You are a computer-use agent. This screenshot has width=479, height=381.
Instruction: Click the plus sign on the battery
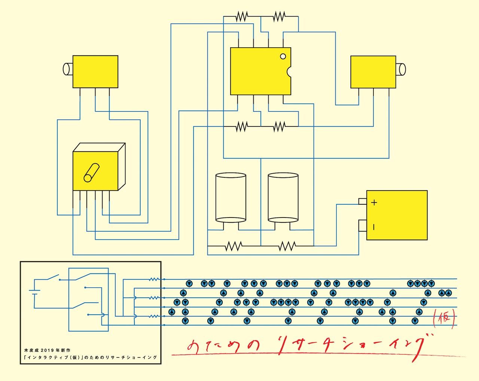374,203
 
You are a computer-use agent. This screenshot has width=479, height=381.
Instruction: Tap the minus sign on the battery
374,227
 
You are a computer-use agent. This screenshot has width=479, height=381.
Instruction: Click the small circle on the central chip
283,56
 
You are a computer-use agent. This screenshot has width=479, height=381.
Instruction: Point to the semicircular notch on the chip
289,71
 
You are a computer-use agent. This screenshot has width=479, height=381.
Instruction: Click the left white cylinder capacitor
231,197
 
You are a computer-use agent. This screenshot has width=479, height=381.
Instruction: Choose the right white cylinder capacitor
283,197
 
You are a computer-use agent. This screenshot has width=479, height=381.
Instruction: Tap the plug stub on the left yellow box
68,69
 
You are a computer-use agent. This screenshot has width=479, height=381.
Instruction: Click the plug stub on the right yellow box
401,69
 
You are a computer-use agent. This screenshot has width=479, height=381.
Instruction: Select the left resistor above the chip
242,16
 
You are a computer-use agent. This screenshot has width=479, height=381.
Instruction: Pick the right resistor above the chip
279,16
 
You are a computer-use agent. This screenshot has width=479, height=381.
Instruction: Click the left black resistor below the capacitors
234,246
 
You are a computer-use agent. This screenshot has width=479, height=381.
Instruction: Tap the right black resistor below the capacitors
287,246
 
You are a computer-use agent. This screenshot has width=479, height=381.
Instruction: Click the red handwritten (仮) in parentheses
444,319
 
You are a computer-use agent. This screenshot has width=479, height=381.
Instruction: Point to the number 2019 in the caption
48,350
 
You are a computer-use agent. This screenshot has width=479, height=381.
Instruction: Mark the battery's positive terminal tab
362,201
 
